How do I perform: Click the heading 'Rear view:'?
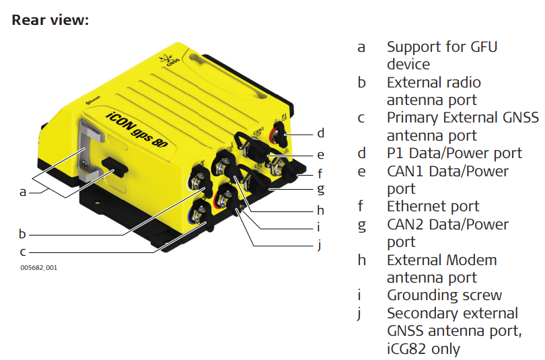(x=50, y=20)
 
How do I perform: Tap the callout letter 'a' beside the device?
(x=23, y=192)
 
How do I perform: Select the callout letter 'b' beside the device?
(x=22, y=233)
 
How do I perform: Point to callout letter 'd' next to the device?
(x=321, y=133)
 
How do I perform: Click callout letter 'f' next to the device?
(x=320, y=173)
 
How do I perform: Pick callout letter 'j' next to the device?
(x=320, y=245)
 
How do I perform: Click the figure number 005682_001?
(x=38, y=268)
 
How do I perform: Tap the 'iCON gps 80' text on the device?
(x=137, y=130)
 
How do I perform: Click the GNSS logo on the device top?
(x=170, y=60)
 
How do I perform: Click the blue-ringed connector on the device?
(x=196, y=213)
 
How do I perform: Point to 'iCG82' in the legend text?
(x=406, y=349)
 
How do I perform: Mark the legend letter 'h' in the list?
(x=361, y=260)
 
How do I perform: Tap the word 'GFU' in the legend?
(x=484, y=46)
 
